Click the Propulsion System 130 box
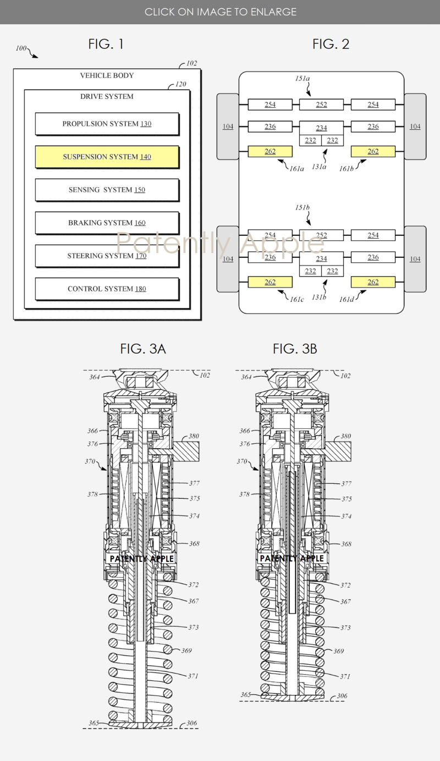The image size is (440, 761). [107, 124]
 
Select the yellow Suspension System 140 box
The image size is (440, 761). [107, 157]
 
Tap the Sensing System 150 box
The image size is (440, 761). [107, 190]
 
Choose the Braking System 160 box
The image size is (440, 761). [107, 223]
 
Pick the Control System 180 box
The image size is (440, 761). [107, 289]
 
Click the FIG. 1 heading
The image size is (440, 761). [106, 44]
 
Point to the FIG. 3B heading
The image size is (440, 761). [295, 349]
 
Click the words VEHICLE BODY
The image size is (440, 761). [107, 75]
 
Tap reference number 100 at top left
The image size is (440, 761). [21, 48]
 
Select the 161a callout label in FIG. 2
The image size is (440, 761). [296, 168]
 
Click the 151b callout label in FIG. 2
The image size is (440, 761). [302, 207]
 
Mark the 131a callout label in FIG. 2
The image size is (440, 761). [319, 167]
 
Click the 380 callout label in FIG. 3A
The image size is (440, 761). [194, 436]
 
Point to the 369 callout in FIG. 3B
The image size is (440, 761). [338, 651]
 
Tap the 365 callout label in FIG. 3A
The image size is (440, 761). [94, 723]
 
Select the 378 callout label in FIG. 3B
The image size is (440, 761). [244, 494]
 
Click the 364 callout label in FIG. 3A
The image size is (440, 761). [95, 377]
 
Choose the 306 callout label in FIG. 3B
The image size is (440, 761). [342, 696]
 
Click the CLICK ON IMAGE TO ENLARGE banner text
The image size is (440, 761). [220, 12]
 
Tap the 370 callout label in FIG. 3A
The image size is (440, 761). [90, 461]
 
